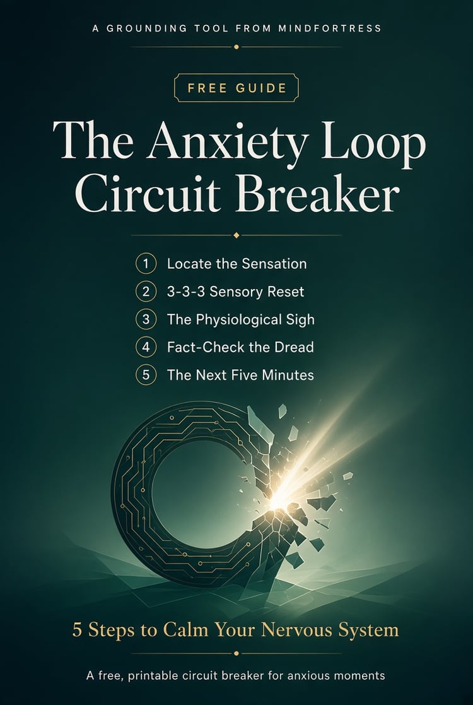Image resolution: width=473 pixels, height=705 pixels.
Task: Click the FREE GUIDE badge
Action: pyautogui.click(x=237, y=87)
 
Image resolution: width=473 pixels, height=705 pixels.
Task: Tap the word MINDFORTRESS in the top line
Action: pyautogui.click(x=329, y=28)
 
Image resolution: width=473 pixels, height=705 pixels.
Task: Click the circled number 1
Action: pyautogui.click(x=146, y=263)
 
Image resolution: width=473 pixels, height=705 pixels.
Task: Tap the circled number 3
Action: pyautogui.click(x=146, y=319)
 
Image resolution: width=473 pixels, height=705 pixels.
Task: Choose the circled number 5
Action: pyautogui.click(x=146, y=375)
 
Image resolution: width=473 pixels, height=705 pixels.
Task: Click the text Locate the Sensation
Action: pyautogui.click(x=237, y=263)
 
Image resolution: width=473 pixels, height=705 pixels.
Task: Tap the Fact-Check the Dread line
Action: pyautogui.click(x=240, y=348)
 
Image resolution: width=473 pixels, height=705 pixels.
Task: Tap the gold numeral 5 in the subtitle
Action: pyautogui.click(x=78, y=631)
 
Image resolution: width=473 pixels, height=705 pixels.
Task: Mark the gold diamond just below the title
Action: pyautogui.click(x=237, y=235)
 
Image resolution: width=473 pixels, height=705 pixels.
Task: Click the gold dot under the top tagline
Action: pyautogui.click(x=237, y=47)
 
